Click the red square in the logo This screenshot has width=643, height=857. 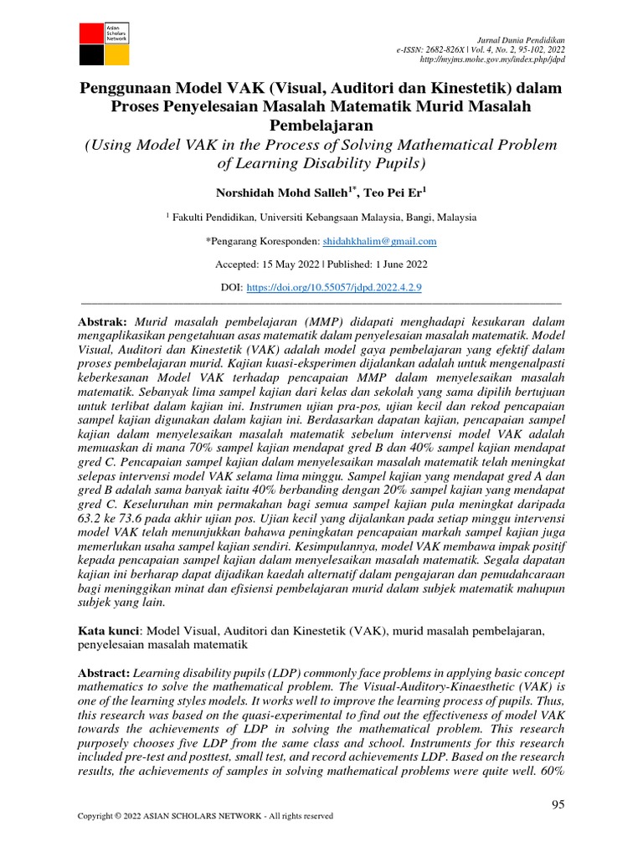(90, 33)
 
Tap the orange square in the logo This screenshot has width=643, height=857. (117, 54)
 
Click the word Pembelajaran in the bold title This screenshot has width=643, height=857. (321, 125)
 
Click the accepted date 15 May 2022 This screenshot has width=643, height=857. (292, 264)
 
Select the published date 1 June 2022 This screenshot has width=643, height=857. (393, 264)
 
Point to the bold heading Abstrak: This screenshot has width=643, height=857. (102, 321)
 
